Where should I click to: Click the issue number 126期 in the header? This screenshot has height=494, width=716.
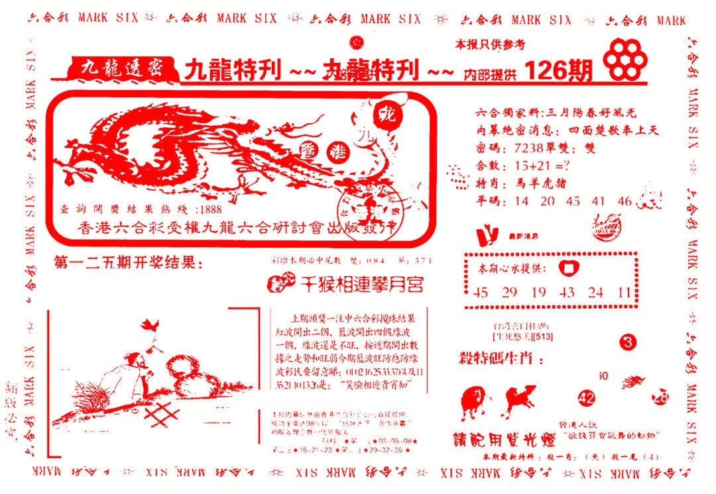pos(558,70)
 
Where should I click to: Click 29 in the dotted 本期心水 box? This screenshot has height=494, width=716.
pos(509,292)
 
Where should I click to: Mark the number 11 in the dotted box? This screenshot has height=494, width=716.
pos(623,292)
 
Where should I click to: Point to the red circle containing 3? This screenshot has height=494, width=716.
pos(628,342)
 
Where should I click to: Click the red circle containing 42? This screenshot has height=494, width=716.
pos(586,398)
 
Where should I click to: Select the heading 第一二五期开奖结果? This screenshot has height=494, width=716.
pos(126,263)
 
